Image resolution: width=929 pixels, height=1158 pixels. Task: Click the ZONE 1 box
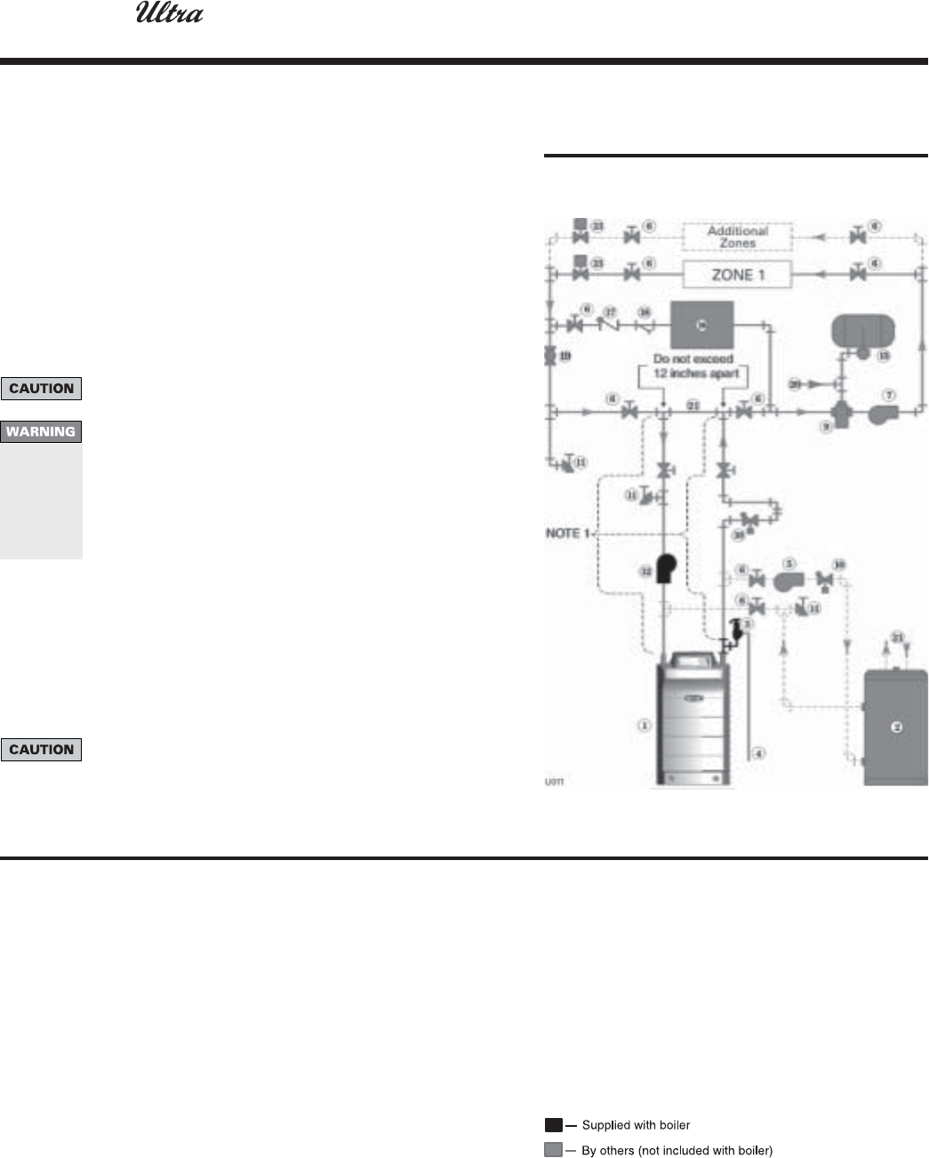[x=738, y=275]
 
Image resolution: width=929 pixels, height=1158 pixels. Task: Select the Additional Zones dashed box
[x=737, y=237]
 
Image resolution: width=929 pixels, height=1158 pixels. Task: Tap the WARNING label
[x=41, y=432]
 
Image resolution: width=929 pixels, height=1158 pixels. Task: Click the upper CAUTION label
[x=41, y=389]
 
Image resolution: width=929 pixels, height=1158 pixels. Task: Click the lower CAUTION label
[x=41, y=750]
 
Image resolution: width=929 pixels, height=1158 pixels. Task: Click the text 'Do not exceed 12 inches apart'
[x=693, y=366]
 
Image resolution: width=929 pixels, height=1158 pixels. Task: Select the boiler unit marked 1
[x=693, y=720]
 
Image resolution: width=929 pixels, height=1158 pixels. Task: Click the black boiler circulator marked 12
[x=664, y=568]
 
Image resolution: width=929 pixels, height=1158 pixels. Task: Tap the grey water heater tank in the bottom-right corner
[x=896, y=728]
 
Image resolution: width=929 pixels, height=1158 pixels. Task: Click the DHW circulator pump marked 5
[x=788, y=581]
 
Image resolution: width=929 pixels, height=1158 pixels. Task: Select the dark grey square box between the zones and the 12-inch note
[x=701, y=326]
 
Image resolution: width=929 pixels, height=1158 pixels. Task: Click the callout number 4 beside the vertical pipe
[x=758, y=753]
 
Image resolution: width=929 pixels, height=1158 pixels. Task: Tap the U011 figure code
[x=554, y=783]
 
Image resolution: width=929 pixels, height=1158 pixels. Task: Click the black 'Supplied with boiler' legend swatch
[x=553, y=1125]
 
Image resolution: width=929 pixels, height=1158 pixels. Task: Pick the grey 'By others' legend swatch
[x=553, y=1150]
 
